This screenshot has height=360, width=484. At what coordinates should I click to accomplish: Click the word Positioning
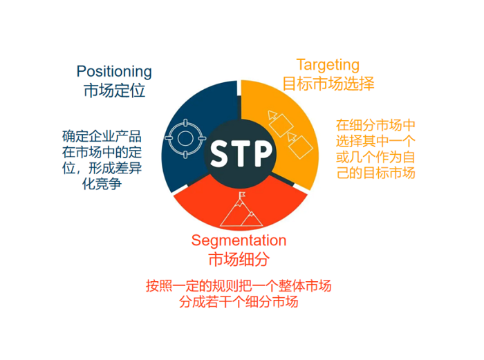pyautogui.click(x=114, y=72)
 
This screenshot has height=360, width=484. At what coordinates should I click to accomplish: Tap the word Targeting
pyautogui.click(x=328, y=66)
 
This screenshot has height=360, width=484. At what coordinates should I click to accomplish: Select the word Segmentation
pyautogui.click(x=239, y=241)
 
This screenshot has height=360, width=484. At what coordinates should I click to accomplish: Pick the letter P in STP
pyautogui.click(x=263, y=153)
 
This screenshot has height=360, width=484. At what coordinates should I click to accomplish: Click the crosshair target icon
pyautogui.click(x=185, y=138)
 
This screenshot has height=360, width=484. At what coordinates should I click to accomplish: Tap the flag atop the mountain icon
pyautogui.click(x=242, y=195)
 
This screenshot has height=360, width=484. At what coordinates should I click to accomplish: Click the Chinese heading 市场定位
pyautogui.click(x=114, y=91)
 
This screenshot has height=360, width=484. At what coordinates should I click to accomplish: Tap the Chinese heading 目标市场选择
pyautogui.click(x=328, y=84)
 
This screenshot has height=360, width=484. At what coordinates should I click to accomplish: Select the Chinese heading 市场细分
pyautogui.click(x=239, y=259)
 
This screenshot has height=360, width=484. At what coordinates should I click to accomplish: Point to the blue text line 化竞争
pyautogui.click(x=102, y=184)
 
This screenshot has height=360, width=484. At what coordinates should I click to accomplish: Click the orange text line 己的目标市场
pyautogui.click(x=375, y=173)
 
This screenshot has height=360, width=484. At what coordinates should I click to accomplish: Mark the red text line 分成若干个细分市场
pyautogui.click(x=239, y=302)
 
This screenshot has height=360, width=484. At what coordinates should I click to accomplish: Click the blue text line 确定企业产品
pyautogui.click(x=102, y=136)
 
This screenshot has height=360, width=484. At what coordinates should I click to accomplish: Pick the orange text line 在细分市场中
pyautogui.click(x=375, y=125)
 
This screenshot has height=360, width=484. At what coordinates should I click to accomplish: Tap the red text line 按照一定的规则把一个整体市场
pyautogui.click(x=239, y=285)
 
